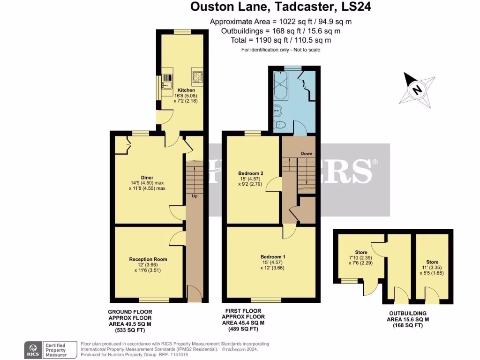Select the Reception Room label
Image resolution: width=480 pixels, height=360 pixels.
[148, 259]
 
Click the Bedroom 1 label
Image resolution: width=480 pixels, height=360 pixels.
[272, 257]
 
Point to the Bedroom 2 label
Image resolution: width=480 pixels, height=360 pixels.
[251, 173]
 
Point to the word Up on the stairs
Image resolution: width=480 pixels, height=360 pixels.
[194, 196]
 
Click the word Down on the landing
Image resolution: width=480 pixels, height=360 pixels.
[307, 153]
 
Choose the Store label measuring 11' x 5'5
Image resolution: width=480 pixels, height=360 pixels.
[432, 262]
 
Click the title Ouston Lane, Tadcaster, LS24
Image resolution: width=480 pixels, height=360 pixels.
[281, 7]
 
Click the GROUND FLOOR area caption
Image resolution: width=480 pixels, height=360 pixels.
[130, 321]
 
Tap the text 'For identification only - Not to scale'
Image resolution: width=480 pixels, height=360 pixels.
[281, 50]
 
